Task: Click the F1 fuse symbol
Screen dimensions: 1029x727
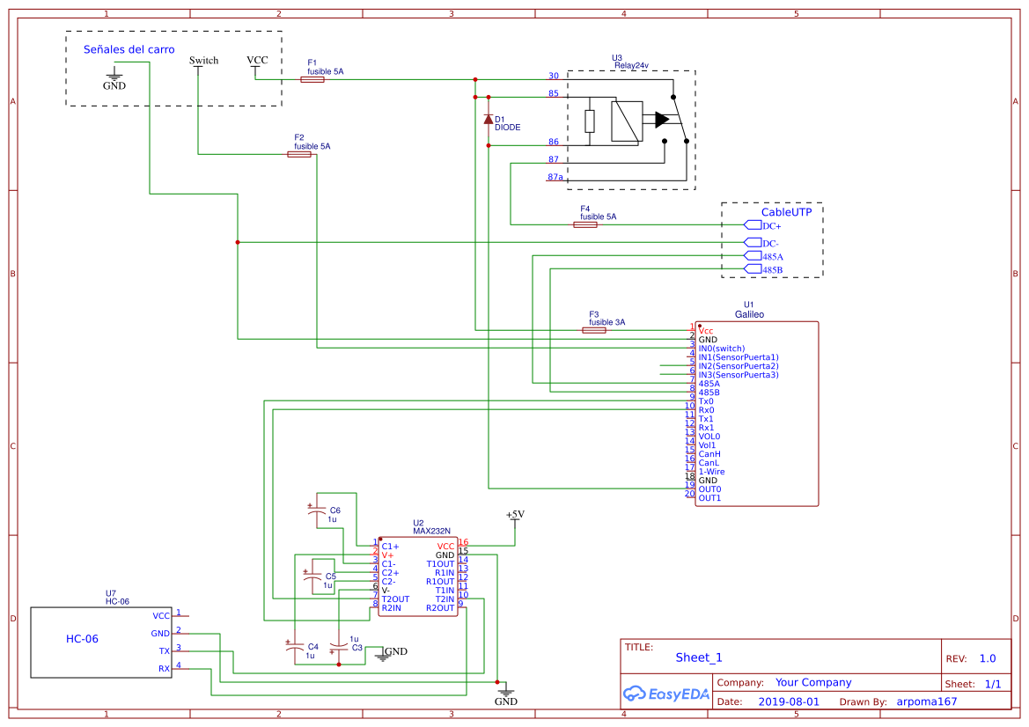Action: click(x=312, y=79)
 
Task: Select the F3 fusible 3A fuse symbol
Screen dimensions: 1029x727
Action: click(x=594, y=330)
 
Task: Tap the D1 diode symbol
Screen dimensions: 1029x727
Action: click(x=489, y=120)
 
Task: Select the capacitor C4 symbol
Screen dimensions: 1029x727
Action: click(x=295, y=647)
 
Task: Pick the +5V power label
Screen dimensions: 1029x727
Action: click(x=515, y=514)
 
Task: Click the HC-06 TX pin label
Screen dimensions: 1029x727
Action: click(x=164, y=651)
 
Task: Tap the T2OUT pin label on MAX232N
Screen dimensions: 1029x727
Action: click(x=395, y=599)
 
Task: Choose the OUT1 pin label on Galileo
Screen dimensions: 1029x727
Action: click(x=709, y=498)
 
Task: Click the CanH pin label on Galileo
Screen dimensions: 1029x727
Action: click(x=709, y=454)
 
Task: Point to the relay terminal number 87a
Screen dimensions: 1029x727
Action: click(x=555, y=177)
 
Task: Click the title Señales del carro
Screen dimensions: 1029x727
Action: click(x=129, y=49)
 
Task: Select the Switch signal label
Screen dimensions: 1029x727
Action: click(x=203, y=61)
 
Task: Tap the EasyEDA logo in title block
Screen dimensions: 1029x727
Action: click(x=666, y=694)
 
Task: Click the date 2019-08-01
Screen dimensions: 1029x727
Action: click(x=789, y=701)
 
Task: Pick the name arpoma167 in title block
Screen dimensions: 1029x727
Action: click(x=927, y=701)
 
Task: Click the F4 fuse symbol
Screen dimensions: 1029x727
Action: click(x=585, y=224)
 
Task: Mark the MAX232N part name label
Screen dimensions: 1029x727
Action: click(x=432, y=531)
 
